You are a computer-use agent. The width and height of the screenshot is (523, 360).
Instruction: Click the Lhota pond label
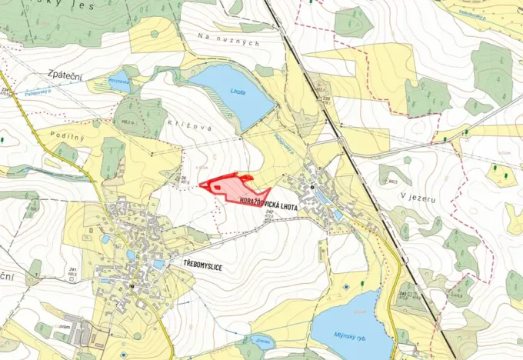[x=238, y=92]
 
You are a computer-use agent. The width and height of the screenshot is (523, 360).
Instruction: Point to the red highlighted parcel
[x=234, y=187]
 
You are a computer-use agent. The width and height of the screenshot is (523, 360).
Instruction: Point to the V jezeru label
[x=418, y=198]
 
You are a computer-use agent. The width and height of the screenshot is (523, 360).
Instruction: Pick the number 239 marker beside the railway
[x=306, y=98]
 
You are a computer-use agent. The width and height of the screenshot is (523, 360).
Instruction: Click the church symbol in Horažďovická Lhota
[x=313, y=187]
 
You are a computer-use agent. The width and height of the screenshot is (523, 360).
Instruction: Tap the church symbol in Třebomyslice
[x=132, y=285]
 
